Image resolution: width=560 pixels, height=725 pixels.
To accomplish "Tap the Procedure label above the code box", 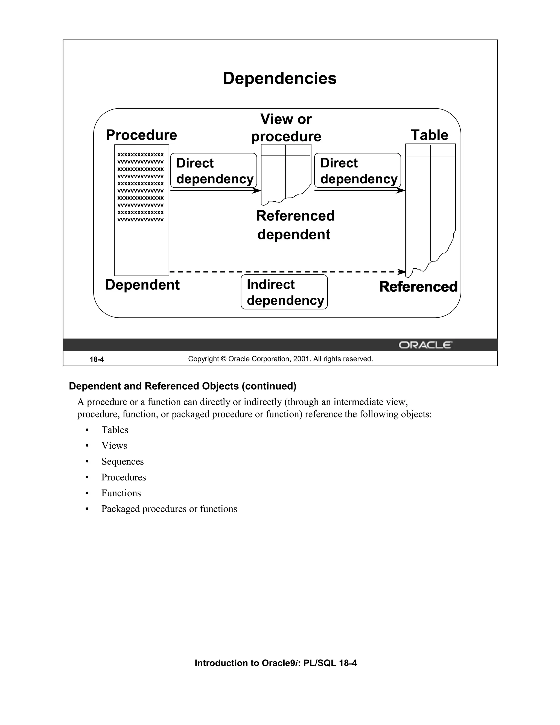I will [141, 135].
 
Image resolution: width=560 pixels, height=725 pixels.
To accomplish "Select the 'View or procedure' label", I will [286, 128].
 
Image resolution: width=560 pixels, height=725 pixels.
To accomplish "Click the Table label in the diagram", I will [429, 135].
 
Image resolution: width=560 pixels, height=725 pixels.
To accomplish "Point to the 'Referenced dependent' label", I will [295, 225].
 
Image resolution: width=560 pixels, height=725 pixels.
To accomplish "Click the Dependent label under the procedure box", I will [142, 285].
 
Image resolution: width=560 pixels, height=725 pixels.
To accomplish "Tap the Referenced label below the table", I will [418, 287].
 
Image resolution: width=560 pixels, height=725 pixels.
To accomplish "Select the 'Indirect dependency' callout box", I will [284, 292].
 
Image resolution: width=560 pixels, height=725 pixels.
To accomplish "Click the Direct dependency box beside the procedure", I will [214, 171].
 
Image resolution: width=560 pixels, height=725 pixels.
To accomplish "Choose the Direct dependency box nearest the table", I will [358, 171].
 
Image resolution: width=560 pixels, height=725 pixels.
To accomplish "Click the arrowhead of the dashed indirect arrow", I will [402, 272].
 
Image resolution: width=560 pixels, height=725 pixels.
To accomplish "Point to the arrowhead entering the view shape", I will [257, 190].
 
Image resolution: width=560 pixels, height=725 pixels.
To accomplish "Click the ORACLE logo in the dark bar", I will [425, 345].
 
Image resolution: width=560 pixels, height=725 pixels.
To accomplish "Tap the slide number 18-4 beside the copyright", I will [97, 359].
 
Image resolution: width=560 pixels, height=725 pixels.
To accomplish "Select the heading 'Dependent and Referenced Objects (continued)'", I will [182, 386].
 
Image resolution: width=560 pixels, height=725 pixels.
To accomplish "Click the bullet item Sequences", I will [122, 462].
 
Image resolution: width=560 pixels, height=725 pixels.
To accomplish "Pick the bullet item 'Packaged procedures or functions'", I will [169, 509].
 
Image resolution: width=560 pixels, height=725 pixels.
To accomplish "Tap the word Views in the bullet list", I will [114, 445].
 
